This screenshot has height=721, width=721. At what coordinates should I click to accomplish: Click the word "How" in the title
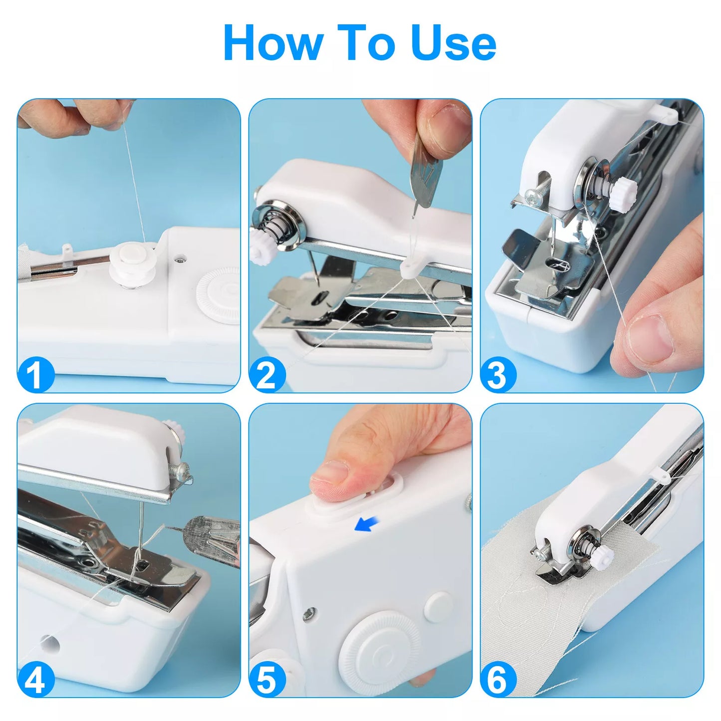point(273,42)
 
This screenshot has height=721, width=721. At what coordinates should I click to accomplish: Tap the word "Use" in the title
point(454,42)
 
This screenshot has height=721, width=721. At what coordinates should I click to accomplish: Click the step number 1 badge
point(36,374)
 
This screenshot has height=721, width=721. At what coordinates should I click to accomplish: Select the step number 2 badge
point(267,374)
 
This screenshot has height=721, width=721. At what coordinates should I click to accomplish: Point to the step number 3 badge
point(498,374)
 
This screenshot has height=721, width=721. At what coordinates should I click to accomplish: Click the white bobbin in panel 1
point(132,263)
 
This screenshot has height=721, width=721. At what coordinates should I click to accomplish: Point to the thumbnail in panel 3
point(651,336)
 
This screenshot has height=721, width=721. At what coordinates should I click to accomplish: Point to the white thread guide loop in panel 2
point(411,269)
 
